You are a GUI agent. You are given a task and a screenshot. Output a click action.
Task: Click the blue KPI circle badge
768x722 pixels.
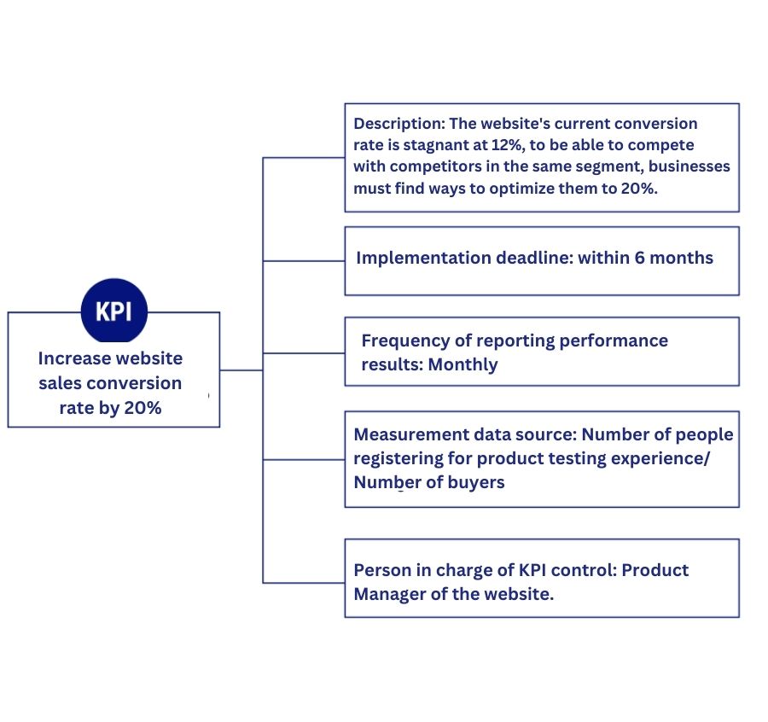coord(113,312)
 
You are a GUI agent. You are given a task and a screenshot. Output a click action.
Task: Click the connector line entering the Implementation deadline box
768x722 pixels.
coord(303,260)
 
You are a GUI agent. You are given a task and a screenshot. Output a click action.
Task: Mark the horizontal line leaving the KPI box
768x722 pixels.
coord(241,370)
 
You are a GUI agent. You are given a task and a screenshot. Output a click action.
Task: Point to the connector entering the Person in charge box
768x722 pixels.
coord(303,583)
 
